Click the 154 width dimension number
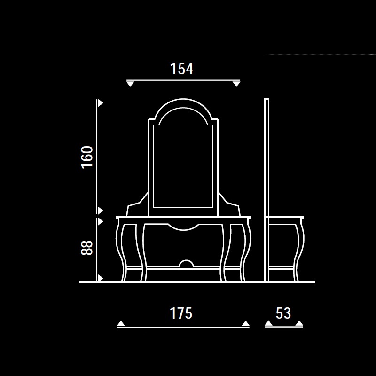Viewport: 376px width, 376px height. (x=181, y=69)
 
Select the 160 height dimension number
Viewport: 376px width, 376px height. (x=87, y=157)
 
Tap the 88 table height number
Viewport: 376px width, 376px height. (x=87, y=248)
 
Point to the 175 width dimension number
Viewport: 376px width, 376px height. (x=181, y=313)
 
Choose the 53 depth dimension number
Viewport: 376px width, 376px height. (x=283, y=313)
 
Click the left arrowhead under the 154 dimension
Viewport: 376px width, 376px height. (x=130, y=84)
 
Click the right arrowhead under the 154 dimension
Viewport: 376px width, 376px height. (x=236, y=84)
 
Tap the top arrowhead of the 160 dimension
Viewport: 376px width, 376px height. (x=101, y=103)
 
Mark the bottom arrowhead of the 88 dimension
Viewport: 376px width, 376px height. (x=101, y=278)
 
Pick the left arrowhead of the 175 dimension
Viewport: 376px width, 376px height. (x=121, y=323)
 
